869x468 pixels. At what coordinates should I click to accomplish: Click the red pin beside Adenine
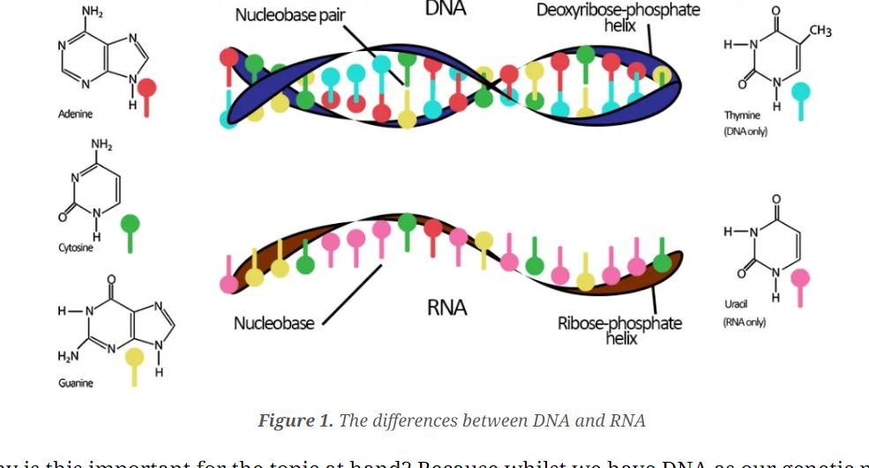(147, 89)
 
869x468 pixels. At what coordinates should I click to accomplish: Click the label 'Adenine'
(75, 115)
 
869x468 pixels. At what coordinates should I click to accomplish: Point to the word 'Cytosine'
(76, 248)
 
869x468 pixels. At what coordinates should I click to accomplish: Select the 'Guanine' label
(76, 383)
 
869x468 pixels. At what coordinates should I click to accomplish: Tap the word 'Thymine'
(742, 115)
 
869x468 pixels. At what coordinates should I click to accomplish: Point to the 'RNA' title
(446, 308)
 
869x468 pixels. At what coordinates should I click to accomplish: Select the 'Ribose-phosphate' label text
(619, 323)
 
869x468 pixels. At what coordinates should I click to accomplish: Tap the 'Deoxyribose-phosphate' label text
(618, 11)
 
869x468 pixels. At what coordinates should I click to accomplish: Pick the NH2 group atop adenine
(92, 11)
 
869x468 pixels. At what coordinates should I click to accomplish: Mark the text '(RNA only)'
(745, 322)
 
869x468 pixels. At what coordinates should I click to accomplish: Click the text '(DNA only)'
(745, 131)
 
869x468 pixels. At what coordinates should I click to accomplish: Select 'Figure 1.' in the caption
(296, 420)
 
